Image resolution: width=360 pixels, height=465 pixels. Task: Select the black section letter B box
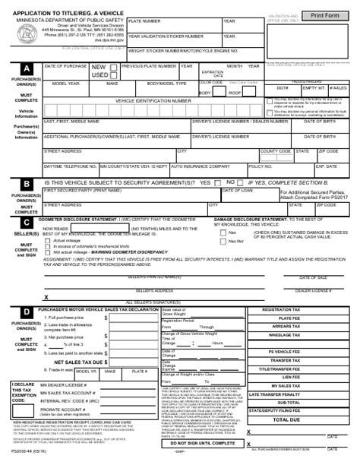point(27,184)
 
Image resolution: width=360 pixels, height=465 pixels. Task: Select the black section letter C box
point(27,221)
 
